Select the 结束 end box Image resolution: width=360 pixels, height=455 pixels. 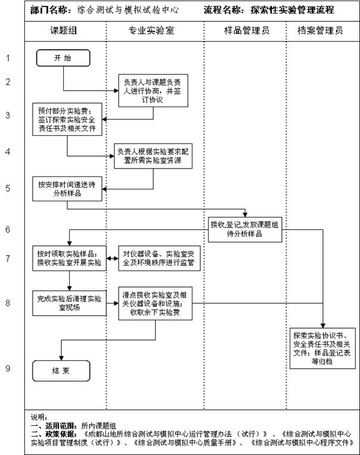click(61, 370)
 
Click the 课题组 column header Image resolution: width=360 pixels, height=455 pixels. click(65, 30)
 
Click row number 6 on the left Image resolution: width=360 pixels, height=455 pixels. click(8, 229)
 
